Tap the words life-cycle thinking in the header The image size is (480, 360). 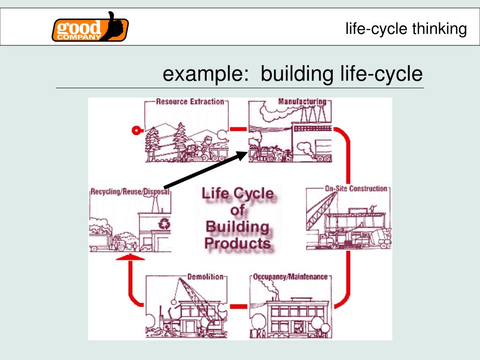pos(406,29)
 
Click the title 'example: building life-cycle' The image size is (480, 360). pos(292,74)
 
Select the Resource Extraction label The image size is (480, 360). pos(190,101)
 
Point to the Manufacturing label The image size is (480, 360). pos(302,101)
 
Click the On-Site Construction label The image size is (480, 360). pos(356,188)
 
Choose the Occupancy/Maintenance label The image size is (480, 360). pos(290,277)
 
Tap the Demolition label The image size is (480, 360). pos(205,277)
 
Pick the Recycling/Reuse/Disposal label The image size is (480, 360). pos(129,191)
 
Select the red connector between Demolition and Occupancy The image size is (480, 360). pos(239,307)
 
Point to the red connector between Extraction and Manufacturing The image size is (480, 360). pos(239,128)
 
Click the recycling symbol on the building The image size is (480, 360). pos(165,225)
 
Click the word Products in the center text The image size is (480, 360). pos(238,243)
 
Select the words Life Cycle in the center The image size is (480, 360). pos(237,194)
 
